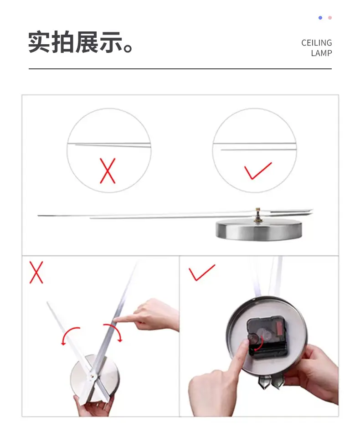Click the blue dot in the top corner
(x=320, y=18)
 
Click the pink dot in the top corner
(x=330, y=18)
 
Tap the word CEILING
(x=317, y=43)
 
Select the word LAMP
(x=321, y=53)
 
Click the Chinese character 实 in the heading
(x=40, y=42)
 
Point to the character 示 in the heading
(x=111, y=42)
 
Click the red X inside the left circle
(x=108, y=171)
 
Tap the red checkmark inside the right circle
(x=258, y=171)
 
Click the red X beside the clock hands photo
(x=36, y=272)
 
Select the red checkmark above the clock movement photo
(x=201, y=273)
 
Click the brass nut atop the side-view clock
(x=258, y=216)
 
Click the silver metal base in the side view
(x=259, y=230)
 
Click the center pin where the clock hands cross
(x=92, y=376)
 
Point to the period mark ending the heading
(x=128, y=48)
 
